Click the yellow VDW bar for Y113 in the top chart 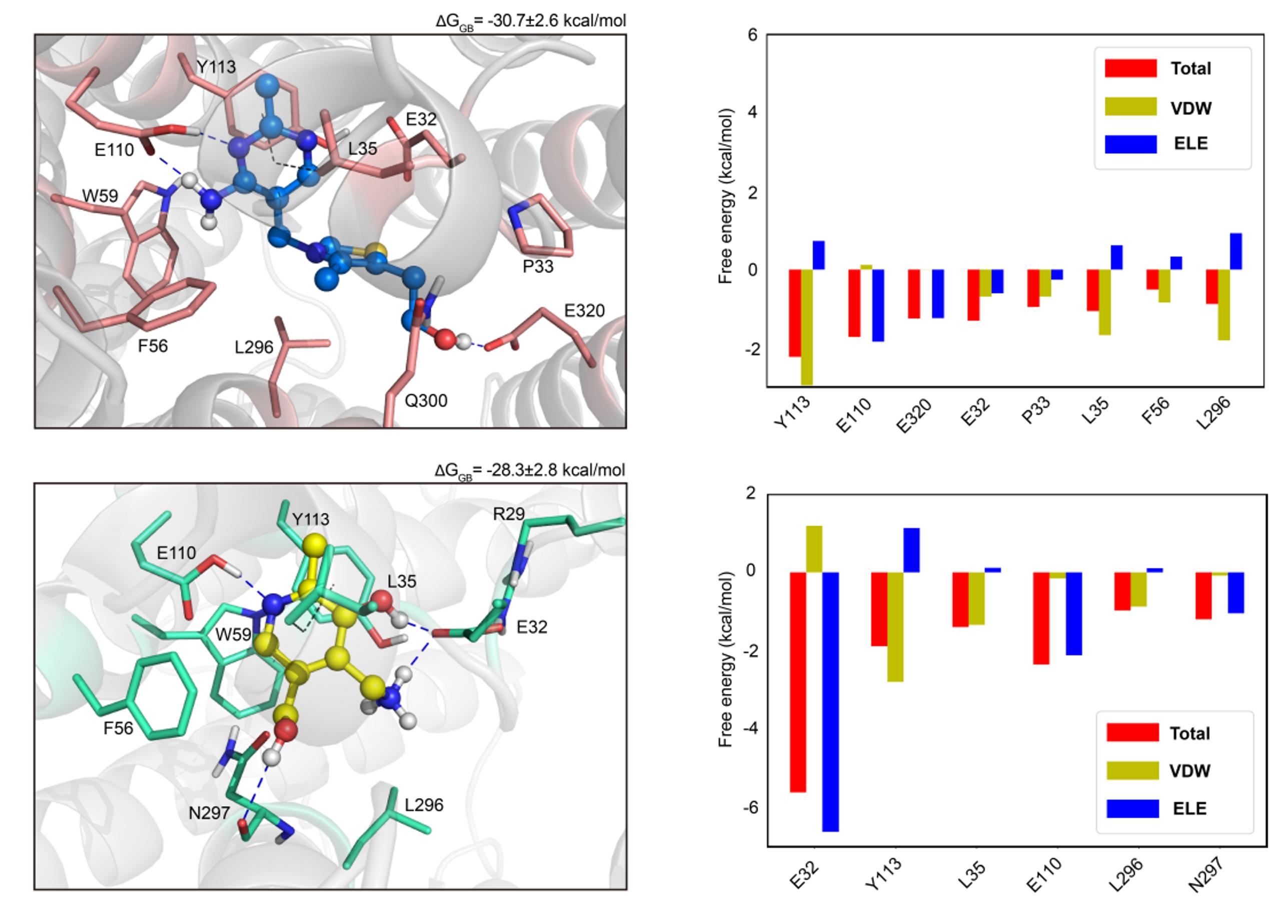point(806,326)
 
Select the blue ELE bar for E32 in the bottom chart point(830,701)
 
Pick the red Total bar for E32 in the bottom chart point(797,681)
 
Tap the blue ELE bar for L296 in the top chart point(1236,251)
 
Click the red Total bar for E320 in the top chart point(914,293)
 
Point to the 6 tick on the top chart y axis point(752,34)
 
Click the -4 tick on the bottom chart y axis point(749,728)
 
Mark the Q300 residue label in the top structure point(426,400)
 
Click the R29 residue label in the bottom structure point(508,514)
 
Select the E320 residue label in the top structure point(584,310)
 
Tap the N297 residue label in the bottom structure point(209,813)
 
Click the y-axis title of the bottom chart point(725,659)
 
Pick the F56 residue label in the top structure point(153,346)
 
